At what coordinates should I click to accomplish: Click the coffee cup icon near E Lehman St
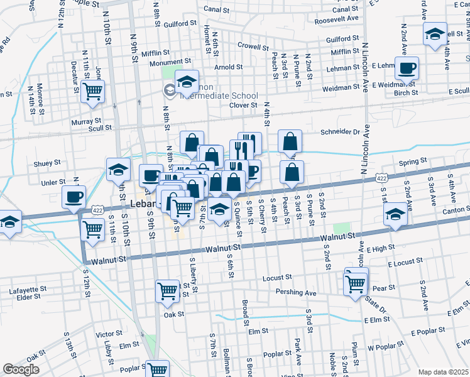pyautogui.click(x=406, y=68)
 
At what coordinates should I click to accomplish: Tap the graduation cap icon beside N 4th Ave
pyautogui.click(x=435, y=35)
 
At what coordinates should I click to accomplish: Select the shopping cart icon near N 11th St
pyautogui.click(x=93, y=92)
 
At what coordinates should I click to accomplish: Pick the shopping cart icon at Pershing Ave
pyautogui.click(x=356, y=283)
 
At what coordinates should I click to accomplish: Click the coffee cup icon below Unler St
pyautogui.click(x=74, y=197)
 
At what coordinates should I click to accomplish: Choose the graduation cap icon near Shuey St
pyautogui.click(x=117, y=169)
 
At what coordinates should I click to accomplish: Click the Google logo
pyautogui.click(x=21, y=369)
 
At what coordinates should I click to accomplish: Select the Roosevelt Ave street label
pyautogui.click(x=336, y=19)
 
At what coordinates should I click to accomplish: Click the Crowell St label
pyautogui.click(x=253, y=46)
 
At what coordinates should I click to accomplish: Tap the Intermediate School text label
pyautogui.click(x=219, y=96)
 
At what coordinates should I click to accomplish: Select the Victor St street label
pyautogui.click(x=109, y=334)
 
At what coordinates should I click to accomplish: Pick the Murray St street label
pyautogui.click(x=87, y=121)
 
